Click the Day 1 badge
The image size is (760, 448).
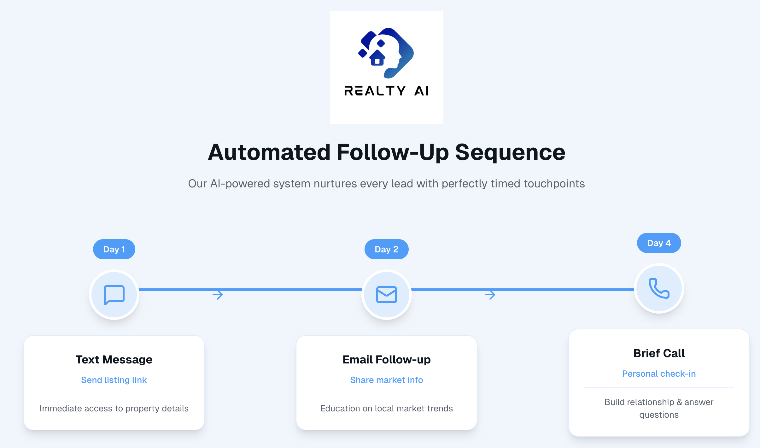(x=114, y=249)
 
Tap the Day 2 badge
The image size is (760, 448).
(x=386, y=249)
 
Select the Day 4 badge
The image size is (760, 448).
(x=659, y=243)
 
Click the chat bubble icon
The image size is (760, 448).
(x=114, y=295)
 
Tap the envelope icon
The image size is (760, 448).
(x=386, y=295)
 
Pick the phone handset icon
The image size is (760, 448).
(x=659, y=288)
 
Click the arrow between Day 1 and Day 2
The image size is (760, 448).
(x=218, y=295)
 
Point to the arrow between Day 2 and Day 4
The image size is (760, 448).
(x=490, y=295)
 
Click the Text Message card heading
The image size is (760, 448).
(x=114, y=359)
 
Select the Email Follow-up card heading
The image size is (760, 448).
(x=386, y=359)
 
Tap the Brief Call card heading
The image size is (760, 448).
(x=659, y=353)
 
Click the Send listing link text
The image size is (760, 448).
(x=114, y=380)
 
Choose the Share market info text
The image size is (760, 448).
(x=386, y=380)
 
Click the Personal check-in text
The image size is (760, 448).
(x=659, y=374)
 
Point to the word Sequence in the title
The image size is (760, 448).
(x=510, y=152)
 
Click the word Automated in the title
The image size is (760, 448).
(x=269, y=152)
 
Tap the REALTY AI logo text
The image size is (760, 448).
(x=386, y=91)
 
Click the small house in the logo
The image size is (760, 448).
(x=377, y=58)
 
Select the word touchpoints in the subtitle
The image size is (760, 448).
(x=554, y=184)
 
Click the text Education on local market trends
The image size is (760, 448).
(x=386, y=408)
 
